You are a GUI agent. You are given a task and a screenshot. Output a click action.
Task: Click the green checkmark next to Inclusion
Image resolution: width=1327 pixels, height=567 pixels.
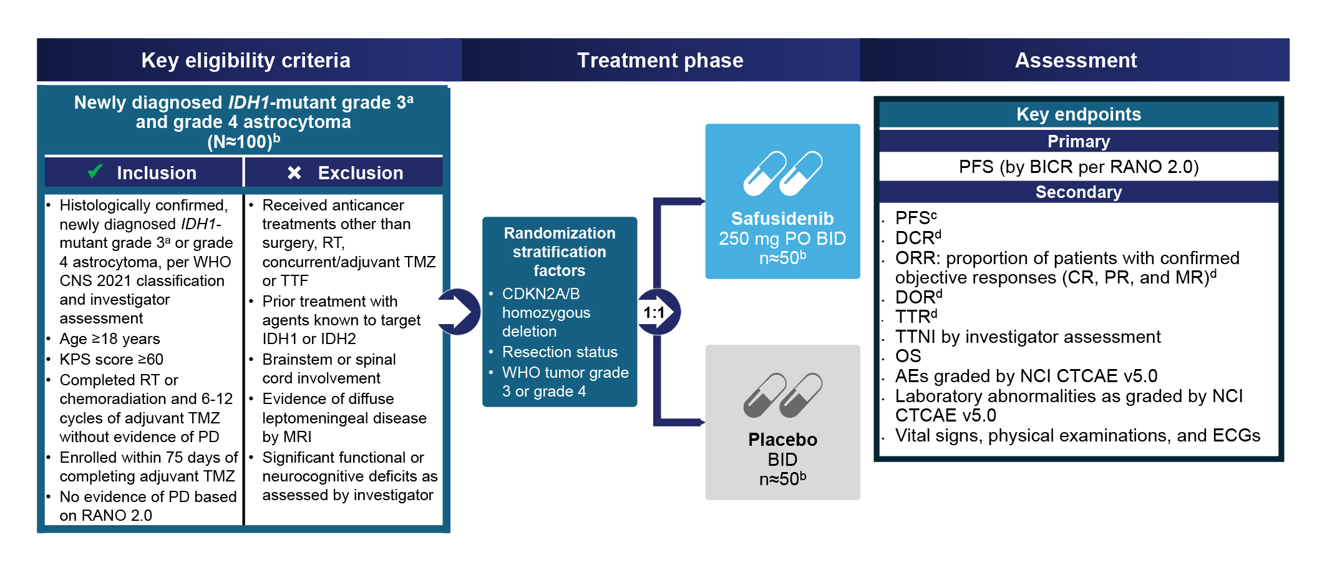[x=95, y=171]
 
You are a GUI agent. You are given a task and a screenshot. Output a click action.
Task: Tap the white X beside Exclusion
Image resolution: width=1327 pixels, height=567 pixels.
[x=294, y=172]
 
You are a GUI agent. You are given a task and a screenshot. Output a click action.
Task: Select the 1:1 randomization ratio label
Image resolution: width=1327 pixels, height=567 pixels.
[x=654, y=312]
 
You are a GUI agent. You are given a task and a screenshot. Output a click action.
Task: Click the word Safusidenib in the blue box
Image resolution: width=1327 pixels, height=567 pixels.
[x=782, y=219]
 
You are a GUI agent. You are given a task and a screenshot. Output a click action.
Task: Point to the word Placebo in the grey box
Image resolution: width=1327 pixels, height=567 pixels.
[x=782, y=440]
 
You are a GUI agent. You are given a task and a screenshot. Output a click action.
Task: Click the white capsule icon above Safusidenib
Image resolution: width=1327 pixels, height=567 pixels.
[x=782, y=173]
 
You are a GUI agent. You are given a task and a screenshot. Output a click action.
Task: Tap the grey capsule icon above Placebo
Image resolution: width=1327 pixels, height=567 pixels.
[x=782, y=395]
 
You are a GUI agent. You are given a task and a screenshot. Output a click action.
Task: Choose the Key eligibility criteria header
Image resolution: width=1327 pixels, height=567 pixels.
[x=246, y=61]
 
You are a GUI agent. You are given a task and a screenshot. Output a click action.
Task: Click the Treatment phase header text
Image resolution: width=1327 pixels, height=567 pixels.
[x=660, y=61]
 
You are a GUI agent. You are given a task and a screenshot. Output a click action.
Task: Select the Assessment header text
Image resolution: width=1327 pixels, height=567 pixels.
[x=1076, y=61]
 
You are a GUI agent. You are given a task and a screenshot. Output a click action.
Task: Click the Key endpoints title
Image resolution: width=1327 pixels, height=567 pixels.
[x=1079, y=114]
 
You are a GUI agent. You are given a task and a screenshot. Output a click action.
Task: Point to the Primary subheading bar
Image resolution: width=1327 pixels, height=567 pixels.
[x=1079, y=141]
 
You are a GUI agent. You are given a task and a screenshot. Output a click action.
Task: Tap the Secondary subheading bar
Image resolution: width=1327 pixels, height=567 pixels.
[x=1079, y=192]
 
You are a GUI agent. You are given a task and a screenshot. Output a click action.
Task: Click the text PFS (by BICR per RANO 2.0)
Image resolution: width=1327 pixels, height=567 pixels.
[x=1079, y=167]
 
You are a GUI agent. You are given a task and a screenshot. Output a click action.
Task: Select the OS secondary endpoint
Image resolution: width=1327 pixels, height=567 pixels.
[x=908, y=356]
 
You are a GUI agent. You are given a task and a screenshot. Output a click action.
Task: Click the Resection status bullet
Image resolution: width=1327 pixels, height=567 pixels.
[x=560, y=352]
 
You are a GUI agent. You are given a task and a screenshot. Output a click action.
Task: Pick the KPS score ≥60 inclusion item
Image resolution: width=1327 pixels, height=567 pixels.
[x=112, y=360]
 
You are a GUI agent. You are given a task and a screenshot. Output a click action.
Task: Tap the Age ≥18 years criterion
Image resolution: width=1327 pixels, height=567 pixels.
[x=110, y=339]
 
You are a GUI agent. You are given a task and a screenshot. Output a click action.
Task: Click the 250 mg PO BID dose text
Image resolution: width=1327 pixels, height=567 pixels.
[x=782, y=239]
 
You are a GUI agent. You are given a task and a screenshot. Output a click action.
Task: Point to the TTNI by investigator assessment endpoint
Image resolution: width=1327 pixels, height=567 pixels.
[x=1028, y=337]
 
